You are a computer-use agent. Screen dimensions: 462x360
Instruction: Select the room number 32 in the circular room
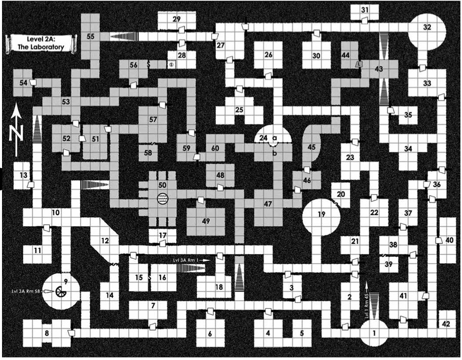427,27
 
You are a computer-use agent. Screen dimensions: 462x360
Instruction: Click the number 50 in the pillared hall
163,185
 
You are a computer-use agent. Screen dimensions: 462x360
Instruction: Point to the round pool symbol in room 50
163,197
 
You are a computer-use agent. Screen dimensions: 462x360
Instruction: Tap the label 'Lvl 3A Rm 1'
188,260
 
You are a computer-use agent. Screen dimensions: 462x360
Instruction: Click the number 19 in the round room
321,214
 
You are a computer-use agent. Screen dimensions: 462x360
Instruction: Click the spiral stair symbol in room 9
61,292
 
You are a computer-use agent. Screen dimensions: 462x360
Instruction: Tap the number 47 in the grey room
268,204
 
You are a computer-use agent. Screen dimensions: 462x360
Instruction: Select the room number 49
205,221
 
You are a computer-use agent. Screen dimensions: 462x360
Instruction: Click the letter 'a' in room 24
275,138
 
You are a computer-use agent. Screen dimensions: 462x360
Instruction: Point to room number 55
91,36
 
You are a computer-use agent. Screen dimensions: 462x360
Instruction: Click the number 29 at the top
177,19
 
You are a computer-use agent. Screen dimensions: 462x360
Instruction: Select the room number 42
446,324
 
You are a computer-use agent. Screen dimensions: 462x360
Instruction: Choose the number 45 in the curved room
312,147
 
